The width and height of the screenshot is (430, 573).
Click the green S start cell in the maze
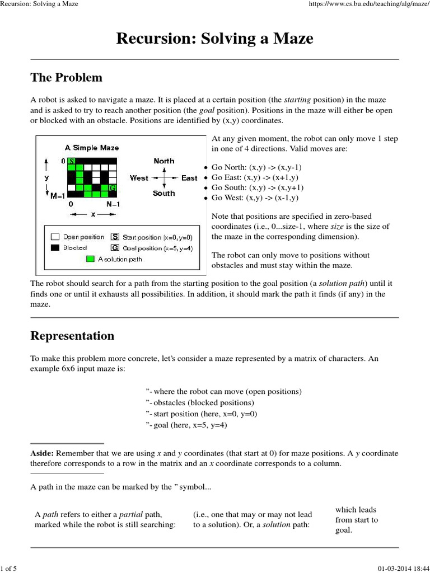tap(71, 161)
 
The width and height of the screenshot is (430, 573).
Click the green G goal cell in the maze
tap(114, 187)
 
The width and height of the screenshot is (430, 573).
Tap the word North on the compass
tap(164, 161)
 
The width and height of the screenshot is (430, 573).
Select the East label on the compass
tap(189, 178)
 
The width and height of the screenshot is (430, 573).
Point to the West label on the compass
tap(139, 178)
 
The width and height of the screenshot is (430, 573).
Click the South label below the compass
tap(163, 194)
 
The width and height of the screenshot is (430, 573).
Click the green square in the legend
tap(90, 259)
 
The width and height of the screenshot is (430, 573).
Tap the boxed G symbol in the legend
tap(115, 247)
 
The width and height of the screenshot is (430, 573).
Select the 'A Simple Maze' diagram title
tap(92, 148)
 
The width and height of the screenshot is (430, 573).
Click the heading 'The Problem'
tap(66, 77)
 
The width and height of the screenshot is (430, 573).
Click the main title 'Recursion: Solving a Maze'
tap(214, 39)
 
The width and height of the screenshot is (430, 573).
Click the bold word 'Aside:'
tap(42, 454)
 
